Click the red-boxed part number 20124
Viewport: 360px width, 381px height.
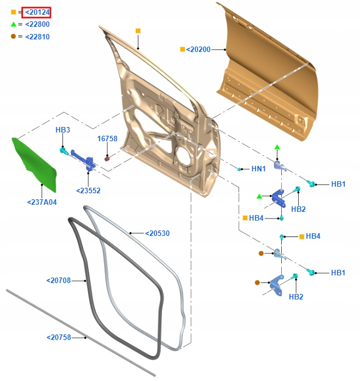(37, 12)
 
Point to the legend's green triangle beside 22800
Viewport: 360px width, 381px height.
(13, 25)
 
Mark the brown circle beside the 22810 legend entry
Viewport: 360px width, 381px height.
(13, 37)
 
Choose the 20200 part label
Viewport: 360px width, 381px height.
(198, 49)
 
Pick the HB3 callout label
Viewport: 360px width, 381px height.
(63, 130)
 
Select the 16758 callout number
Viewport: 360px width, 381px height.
(107, 139)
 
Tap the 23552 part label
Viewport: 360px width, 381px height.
(88, 191)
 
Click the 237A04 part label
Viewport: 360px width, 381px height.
(42, 203)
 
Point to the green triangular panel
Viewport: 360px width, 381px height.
(34, 161)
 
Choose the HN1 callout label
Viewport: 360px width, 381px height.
(258, 169)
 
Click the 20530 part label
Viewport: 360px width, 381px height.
(157, 234)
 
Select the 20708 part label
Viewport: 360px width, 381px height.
(59, 281)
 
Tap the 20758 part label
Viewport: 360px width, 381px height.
(59, 338)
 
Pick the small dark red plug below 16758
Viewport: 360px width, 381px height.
(107, 159)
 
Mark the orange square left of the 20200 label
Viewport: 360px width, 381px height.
(182, 49)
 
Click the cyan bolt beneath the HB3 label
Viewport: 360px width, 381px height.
(63, 150)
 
